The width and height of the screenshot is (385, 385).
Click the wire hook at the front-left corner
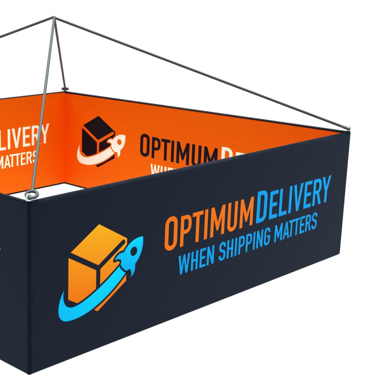30,196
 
